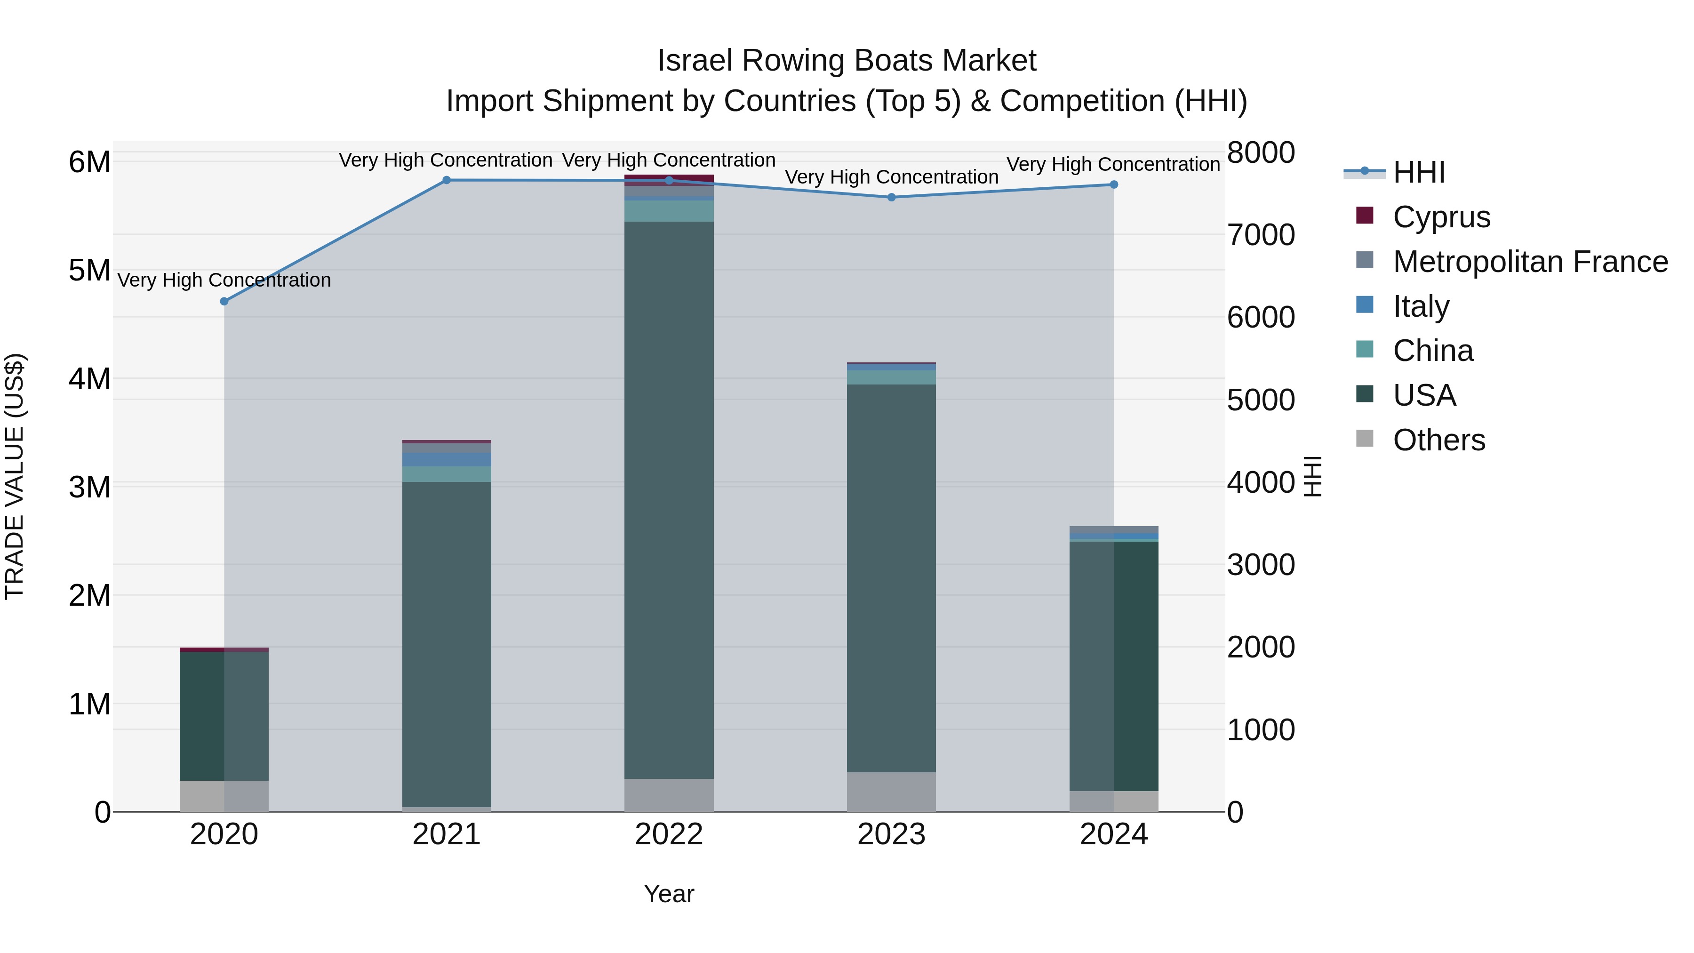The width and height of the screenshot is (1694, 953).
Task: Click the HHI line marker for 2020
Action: click(224, 301)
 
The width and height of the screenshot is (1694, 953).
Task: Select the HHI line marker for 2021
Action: click(447, 180)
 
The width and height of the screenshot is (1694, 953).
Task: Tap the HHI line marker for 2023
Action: click(892, 197)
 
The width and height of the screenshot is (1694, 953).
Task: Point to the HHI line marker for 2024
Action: click(1114, 185)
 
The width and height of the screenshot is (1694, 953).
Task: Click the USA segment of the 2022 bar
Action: click(669, 500)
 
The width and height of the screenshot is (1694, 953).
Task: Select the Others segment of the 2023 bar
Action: click(891, 792)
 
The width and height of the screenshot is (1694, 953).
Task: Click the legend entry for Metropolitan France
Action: click(1530, 262)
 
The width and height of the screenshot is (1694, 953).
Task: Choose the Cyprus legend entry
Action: click(1441, 217)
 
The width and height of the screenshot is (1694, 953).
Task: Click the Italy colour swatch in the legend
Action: click(1365, 305)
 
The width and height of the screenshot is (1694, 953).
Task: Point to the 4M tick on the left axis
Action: click(89, 379)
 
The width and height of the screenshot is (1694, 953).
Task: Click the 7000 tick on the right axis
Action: click(1261, 235)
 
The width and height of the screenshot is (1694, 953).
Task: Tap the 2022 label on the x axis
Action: click(669, 834)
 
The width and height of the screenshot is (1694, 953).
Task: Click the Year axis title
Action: click(669, 894)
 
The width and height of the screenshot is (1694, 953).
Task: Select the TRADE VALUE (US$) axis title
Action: click(15, 476)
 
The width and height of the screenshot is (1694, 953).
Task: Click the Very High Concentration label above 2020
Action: click(224, 280)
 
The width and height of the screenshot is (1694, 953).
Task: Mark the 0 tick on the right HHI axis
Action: click(1236, 813)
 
